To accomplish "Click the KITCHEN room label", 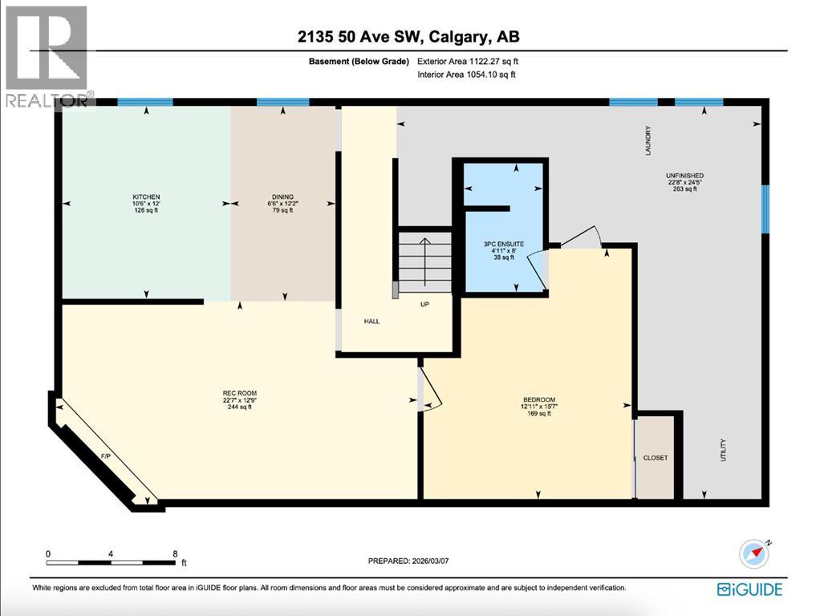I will (x=147, y=197).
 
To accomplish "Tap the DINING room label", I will (x=282, y=197).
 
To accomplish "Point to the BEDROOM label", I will (x=538, y=400).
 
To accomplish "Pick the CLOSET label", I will (x=655, y=458).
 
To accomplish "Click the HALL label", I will (x=371, y=322).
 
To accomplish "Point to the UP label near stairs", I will (x=425, y=305).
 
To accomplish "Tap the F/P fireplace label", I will (x=105, y=456).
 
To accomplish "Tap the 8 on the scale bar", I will (x=175, y=554).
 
